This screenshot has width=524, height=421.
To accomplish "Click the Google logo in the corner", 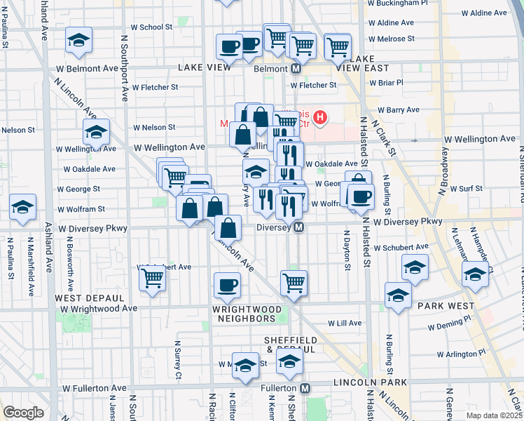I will point(22,413).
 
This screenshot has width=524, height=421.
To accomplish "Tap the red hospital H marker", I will point(320,116).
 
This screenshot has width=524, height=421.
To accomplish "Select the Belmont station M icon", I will point(296,69).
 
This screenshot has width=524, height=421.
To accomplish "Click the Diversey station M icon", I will point(298,227).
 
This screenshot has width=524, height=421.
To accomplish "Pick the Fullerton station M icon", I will point(305,388).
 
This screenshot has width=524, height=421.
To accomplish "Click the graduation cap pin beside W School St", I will point(78,41).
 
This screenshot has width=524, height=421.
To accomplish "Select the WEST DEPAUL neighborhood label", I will point(80,298).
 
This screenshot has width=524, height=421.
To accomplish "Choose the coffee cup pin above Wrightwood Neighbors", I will point(227,286).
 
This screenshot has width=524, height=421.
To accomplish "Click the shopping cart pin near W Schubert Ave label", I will point(153,278).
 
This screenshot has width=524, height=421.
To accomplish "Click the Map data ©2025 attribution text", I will point(495,415).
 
